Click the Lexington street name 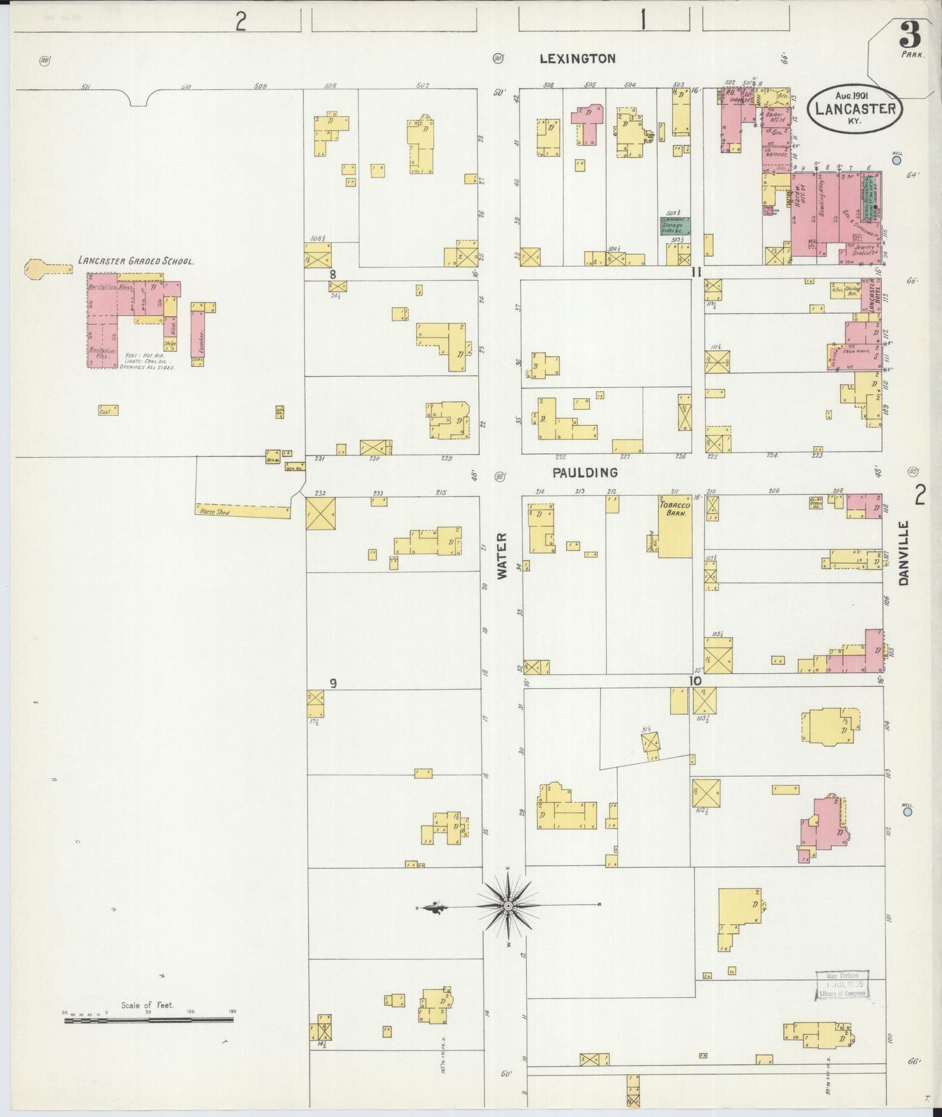(x=577, y=59)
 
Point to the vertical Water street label (x=501, y=555)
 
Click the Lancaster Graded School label (x=136, y=261)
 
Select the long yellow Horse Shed (x=243, y=512)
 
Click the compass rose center (x=507, y=906)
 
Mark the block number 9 (x=332, y=683)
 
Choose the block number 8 (x=332, y=274)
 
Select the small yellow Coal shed (x=108, y=411)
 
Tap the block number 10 (x=696, y=681)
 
